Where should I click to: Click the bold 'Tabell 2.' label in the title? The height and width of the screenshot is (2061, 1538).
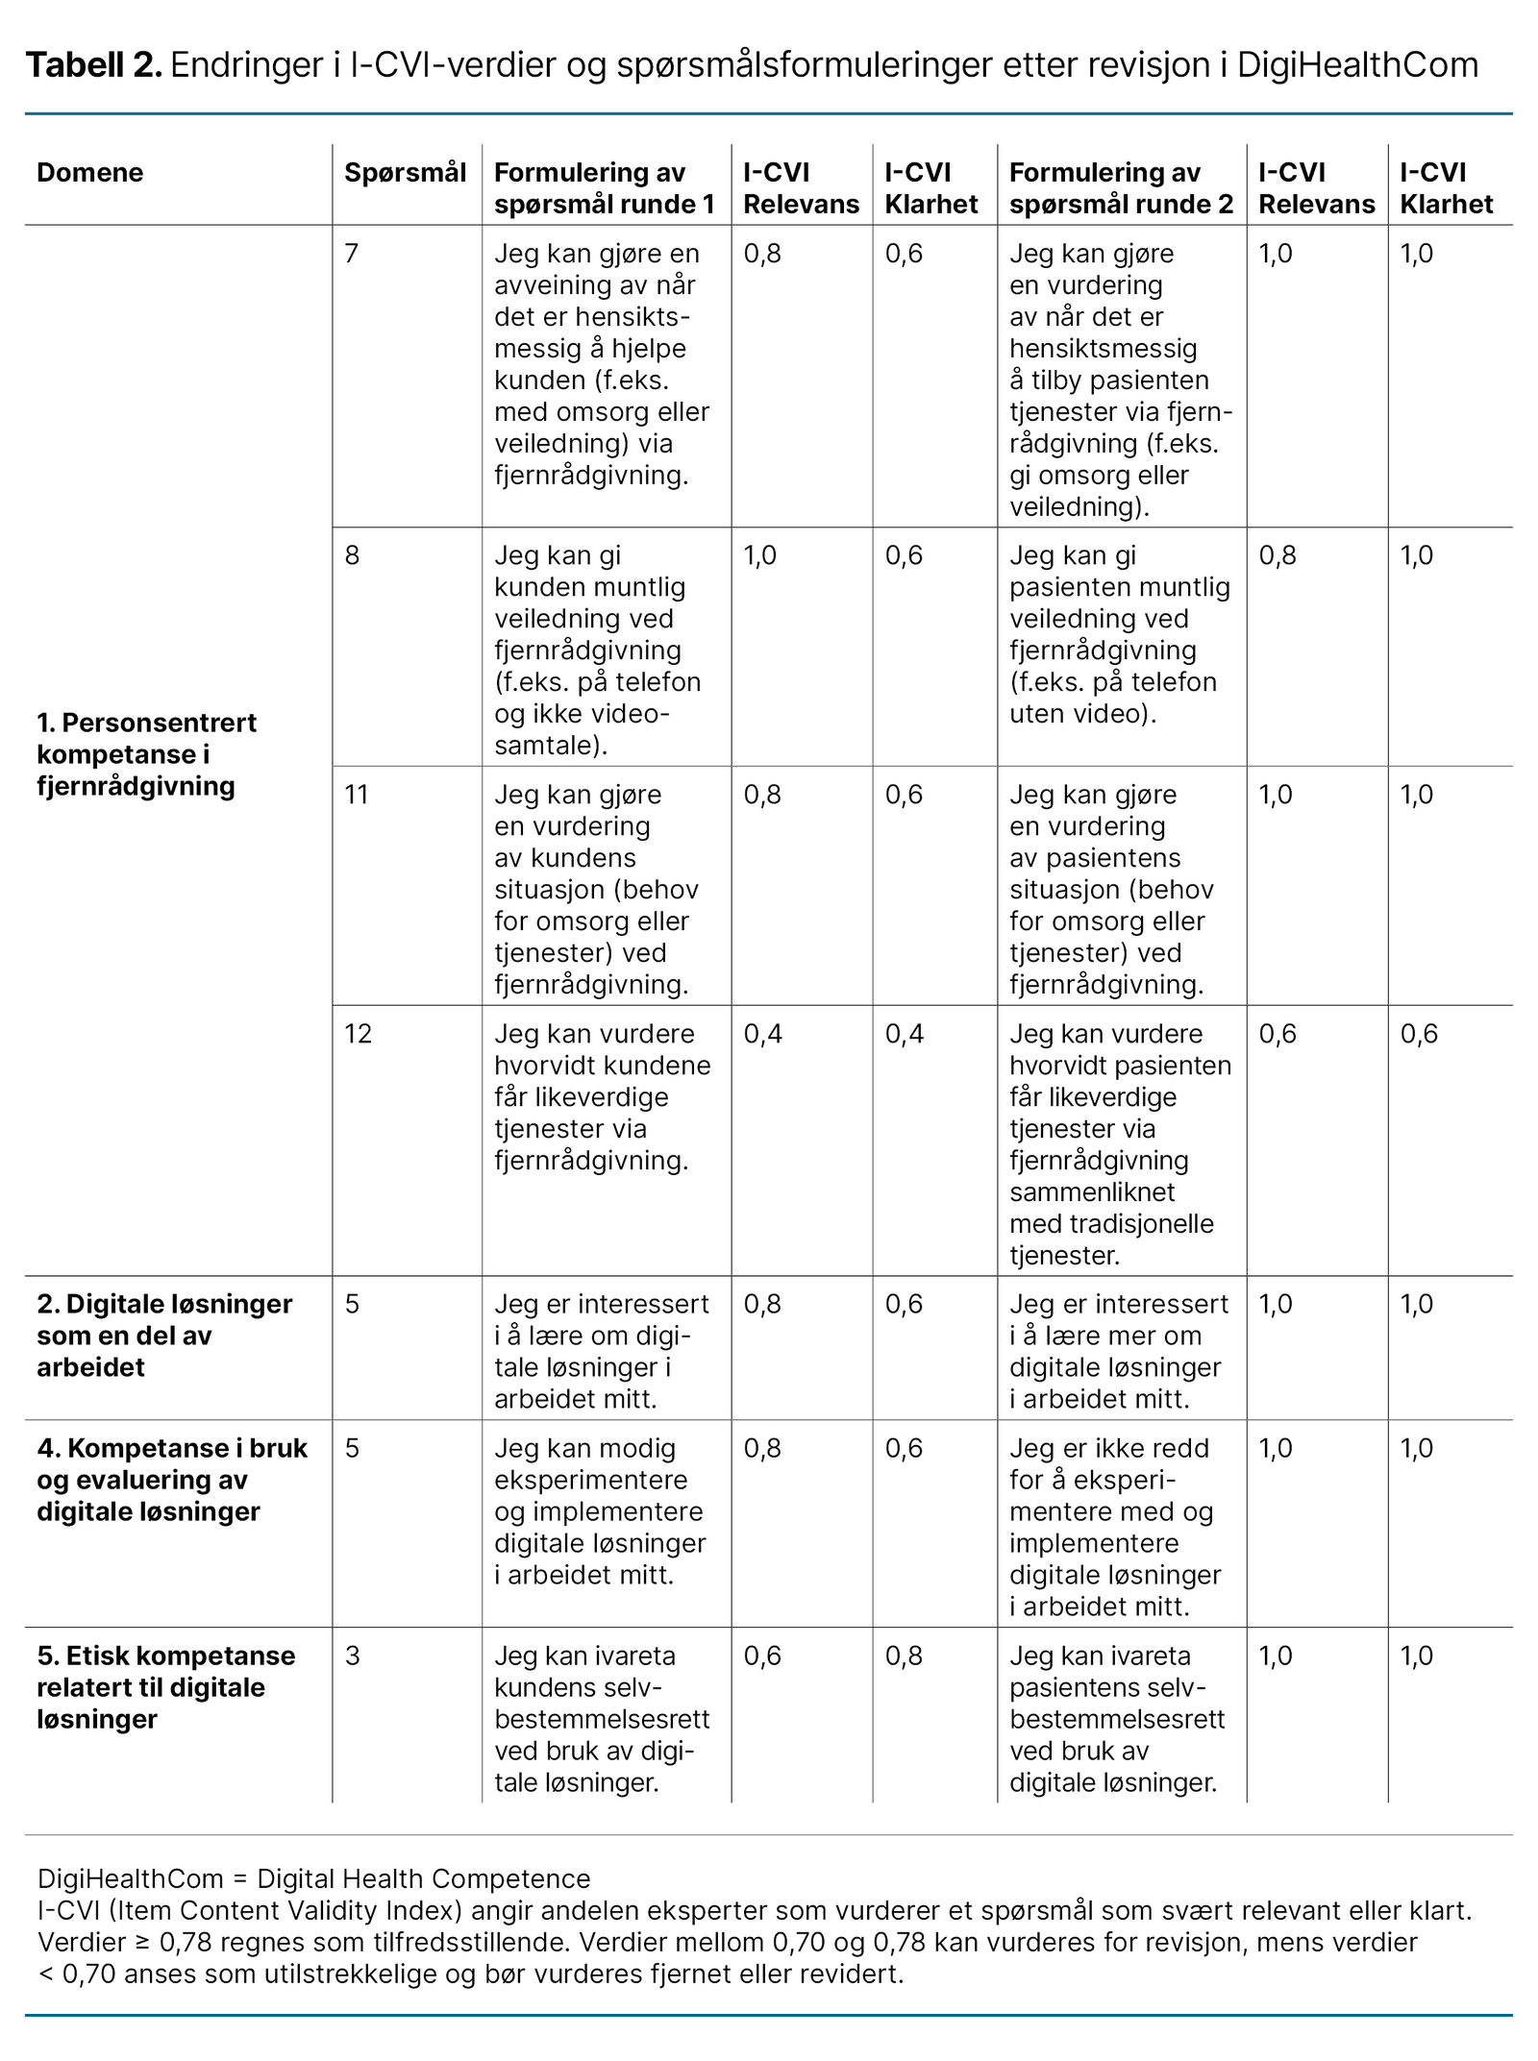(93, 65)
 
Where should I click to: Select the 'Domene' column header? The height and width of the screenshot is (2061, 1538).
(89, 173)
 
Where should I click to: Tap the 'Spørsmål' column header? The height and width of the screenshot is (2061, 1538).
(405, 173)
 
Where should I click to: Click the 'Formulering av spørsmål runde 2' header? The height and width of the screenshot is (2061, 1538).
(1121, 188)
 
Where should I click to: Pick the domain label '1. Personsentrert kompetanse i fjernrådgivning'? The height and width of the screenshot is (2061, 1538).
(146, 754)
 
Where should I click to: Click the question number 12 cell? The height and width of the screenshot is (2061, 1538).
(358, 1034)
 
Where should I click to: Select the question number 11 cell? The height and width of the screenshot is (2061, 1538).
(357, 795)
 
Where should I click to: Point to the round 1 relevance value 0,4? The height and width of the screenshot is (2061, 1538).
(762, 1034)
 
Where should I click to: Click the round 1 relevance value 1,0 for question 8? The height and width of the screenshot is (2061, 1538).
(759, 555)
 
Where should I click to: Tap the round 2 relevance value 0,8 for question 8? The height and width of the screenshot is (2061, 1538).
(1278, 555)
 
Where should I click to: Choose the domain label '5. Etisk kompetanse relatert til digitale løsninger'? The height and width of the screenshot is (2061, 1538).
(165, 1687)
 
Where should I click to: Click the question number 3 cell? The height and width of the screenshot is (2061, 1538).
(353, 1656)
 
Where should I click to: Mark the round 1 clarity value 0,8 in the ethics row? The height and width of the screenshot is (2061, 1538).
(904, 1656)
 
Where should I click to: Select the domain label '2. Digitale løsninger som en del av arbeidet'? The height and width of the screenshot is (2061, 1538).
(164, 1336)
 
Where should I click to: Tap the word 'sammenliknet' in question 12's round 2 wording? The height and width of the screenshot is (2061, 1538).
(1092, 1192)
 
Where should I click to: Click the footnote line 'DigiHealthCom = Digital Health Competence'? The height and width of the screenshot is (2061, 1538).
(313, 1878)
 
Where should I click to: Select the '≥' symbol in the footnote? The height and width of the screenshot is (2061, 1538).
(141, 1942)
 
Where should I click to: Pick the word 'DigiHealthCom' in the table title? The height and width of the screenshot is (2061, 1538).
(1357, 65)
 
